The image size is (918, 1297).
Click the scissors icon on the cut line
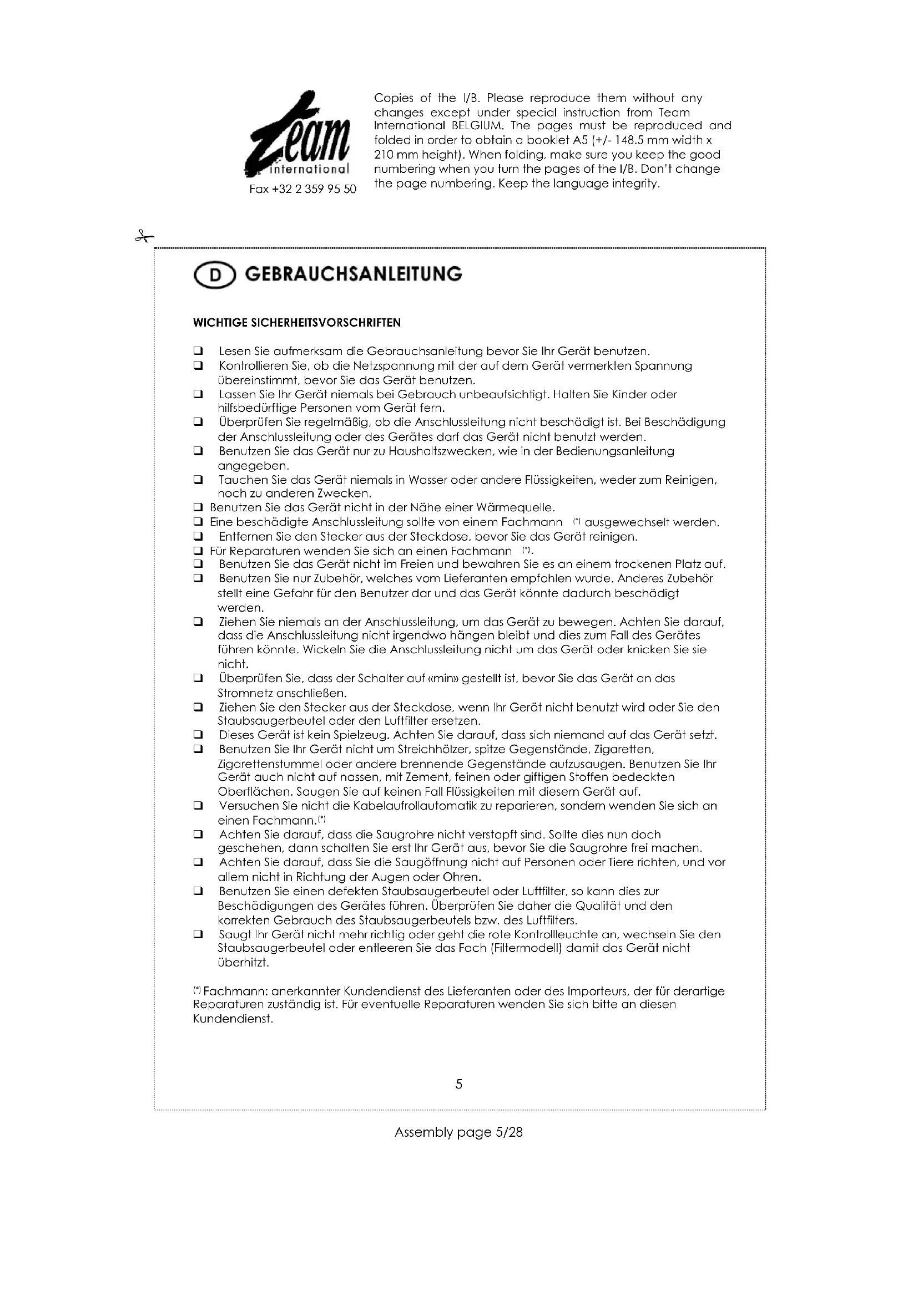point(144,236)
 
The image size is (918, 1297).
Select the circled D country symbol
point(214,276)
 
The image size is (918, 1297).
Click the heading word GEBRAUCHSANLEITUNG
point(354,274)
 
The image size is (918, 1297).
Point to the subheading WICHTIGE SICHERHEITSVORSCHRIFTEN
point(297,323)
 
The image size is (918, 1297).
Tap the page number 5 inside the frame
point(458,1084)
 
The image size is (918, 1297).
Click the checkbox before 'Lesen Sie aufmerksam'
point(198,351)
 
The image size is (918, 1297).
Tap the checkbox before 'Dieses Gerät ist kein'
point(198,735)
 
